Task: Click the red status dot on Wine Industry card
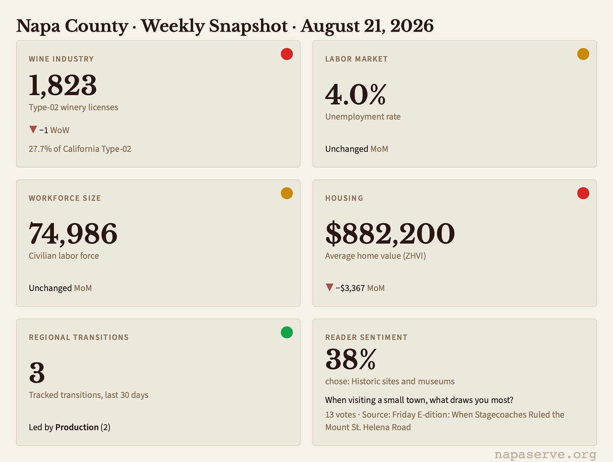pos(287,54)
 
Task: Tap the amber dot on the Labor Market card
pos(583,54)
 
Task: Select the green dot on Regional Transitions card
pos(287,332)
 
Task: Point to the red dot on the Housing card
pos(583,193)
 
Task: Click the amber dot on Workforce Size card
pos(287,193)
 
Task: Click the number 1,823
pos(63,85)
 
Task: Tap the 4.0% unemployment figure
pos(355,94)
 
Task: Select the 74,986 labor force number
pos(73,234)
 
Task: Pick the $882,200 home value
pos(390,234)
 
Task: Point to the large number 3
pos(37,373)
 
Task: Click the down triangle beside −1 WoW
pos(33,129)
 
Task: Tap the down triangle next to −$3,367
pos(330,287)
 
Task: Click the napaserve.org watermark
pos(545,454)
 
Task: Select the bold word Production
pos(77,427)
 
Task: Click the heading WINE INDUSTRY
pos(61,59)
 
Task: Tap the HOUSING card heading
pos(344,198)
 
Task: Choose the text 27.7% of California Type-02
pos(80,149)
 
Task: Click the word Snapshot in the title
pos(248,26)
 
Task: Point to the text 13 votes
pos(341,414)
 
